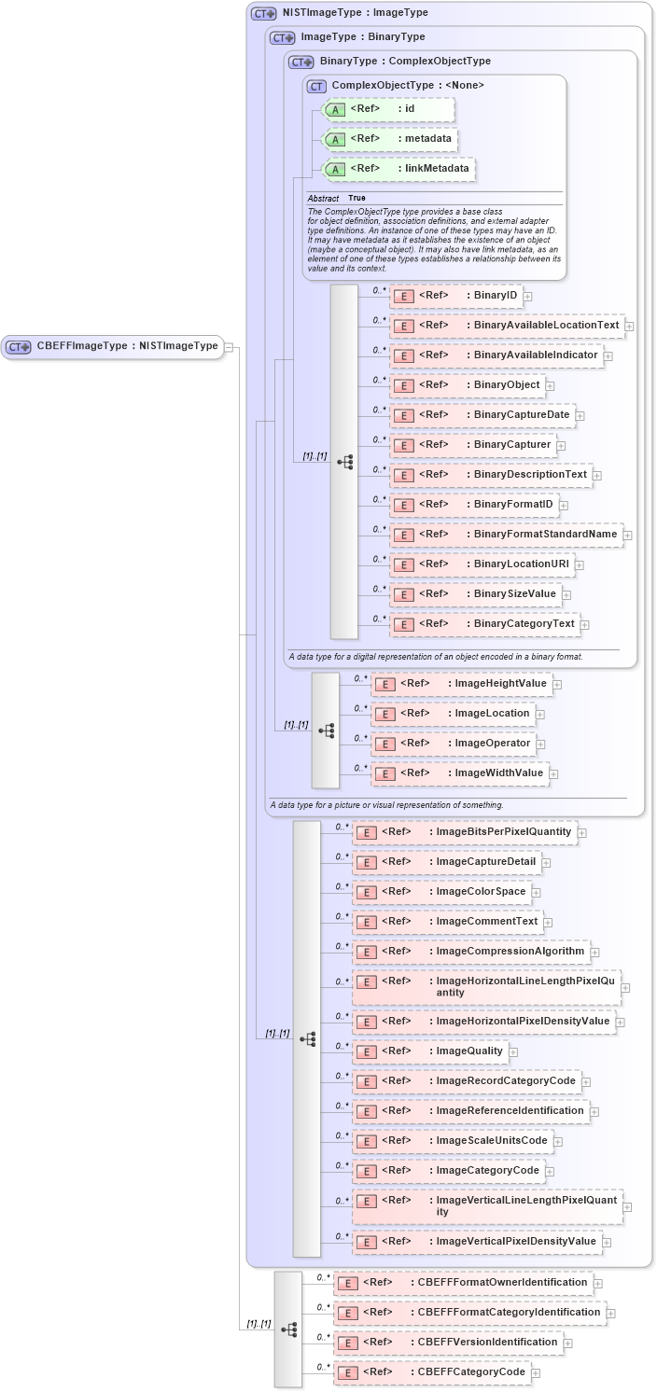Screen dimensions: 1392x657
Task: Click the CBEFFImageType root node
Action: (x=113, y=346)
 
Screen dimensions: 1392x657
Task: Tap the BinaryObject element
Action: (x=467, y=385)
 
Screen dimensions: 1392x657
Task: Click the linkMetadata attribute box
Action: (x=398, y=169)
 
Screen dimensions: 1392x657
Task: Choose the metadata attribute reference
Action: (x=388, y=139)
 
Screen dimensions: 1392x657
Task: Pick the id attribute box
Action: (x=387, y=109)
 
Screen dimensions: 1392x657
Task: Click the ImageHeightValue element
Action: (x=461, y=684)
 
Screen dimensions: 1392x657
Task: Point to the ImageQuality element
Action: (x=430, y=1051)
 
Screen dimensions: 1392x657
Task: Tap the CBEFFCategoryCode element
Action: (x=432, y=1372)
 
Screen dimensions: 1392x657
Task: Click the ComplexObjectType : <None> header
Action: (x=396, y=86)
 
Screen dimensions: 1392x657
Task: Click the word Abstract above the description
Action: (x=323, y=198)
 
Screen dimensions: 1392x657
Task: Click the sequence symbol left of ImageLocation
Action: (x=326, y=731)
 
